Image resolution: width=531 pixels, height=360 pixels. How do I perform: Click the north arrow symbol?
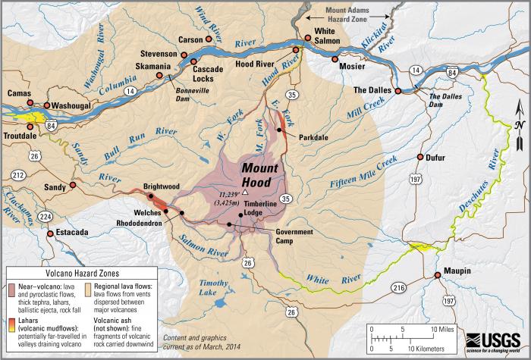click(x=517, y=133)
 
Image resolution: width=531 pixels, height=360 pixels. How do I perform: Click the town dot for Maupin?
click(x=437, y=275)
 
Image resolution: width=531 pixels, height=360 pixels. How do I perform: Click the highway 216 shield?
click(x=400, y=289)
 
